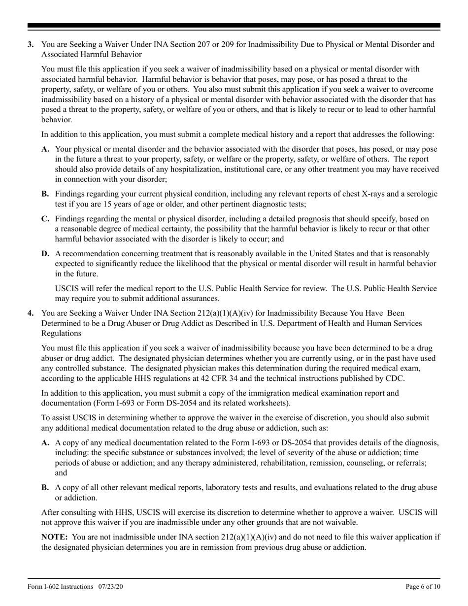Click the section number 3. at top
click(x=31, y=44)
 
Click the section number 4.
click(x=31, y=312)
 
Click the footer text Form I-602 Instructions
click(x=60, y=587)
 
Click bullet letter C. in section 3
click(x=45, y=218)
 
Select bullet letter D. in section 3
click(x=45, y=253)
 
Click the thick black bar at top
click(x=234, y=26)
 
